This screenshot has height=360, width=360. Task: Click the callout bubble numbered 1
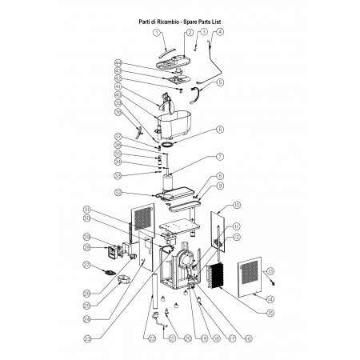[x=158, y=33]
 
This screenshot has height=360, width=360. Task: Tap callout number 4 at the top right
[x=220, y=33]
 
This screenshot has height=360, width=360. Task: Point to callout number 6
[x=220, y=129]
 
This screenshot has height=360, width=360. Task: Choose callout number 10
[x=236, y=206]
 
